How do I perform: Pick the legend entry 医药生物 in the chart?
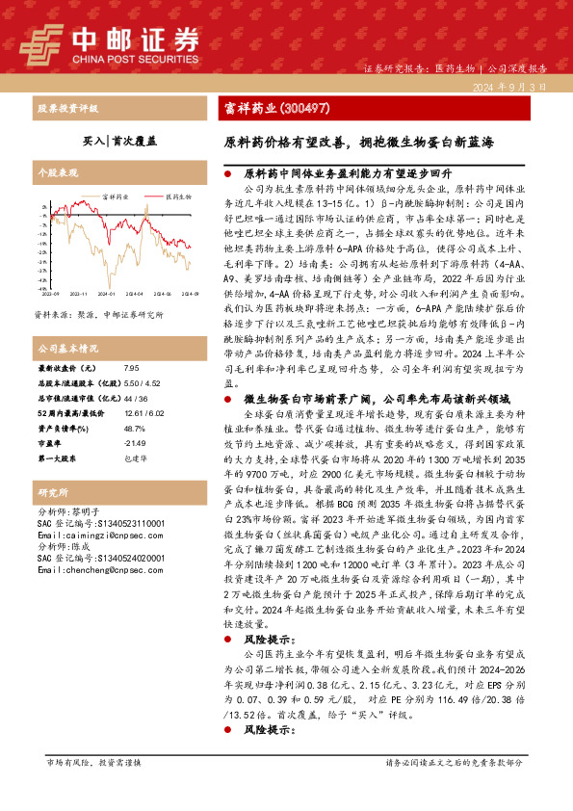click(x=176, y=196)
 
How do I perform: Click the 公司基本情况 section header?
click(x=67, y=348)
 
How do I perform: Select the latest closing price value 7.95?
click(x=132, y=368)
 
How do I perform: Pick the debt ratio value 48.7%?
click(x=135, y=428)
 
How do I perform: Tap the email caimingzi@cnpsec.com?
click(x=99, y=533)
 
